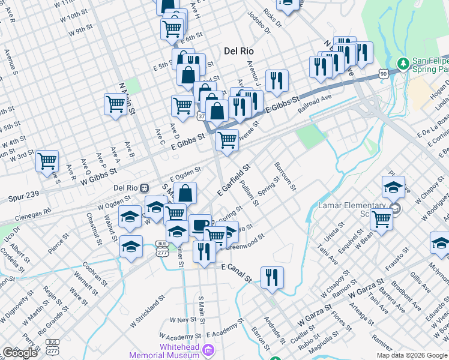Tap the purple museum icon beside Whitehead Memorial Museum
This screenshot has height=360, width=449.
click(208, 349)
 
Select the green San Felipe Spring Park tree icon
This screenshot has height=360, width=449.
click(402, 62)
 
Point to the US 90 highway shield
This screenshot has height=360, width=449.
click(383, 73)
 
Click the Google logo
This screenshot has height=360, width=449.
click(20, 353)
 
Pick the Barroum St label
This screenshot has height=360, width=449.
click(285, 175)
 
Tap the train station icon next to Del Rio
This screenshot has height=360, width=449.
click(144, 187)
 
